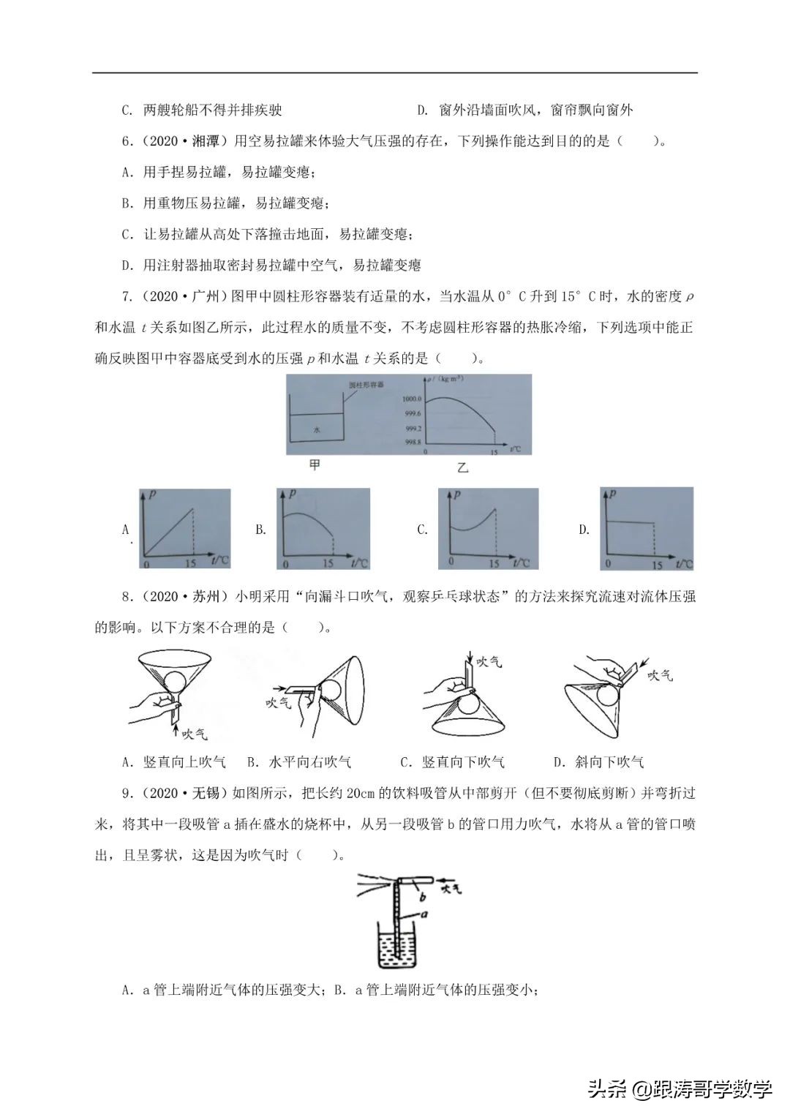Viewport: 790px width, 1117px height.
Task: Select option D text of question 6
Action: coord(271,265)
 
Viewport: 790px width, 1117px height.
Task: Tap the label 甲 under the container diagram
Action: coord(315,465)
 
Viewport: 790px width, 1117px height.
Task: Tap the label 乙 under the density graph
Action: coord(462,467)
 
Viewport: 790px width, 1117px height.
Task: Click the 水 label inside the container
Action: coord(317,430)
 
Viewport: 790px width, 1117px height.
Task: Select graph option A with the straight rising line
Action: coord(184,529)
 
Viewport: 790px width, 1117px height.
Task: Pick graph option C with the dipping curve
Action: coord(488,529)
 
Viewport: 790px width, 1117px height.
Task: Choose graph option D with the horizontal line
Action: coord(646,529)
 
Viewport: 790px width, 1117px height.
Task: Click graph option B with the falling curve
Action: coord(323,529)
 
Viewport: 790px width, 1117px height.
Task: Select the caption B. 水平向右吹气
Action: coord(299,762)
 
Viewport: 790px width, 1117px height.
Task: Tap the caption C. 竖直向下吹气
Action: coord(452,762)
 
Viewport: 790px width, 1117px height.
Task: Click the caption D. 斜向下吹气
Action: coord(598,762)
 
